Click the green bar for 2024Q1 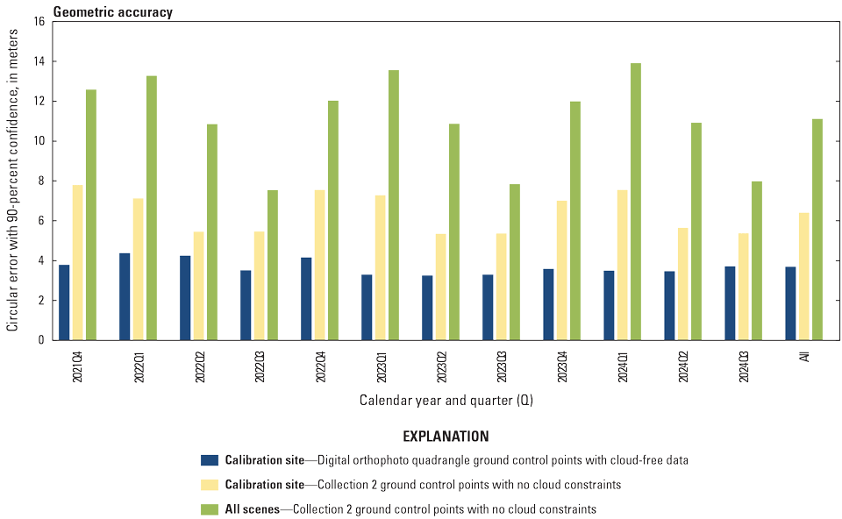636,202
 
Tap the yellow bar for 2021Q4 78,262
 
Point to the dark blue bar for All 790,303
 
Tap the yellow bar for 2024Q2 683,284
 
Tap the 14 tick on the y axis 40,61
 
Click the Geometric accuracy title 113,12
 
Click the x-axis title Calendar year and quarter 446,401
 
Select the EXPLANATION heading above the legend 446,436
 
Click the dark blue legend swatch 210,460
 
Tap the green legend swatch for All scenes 210,508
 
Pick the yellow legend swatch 210,484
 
